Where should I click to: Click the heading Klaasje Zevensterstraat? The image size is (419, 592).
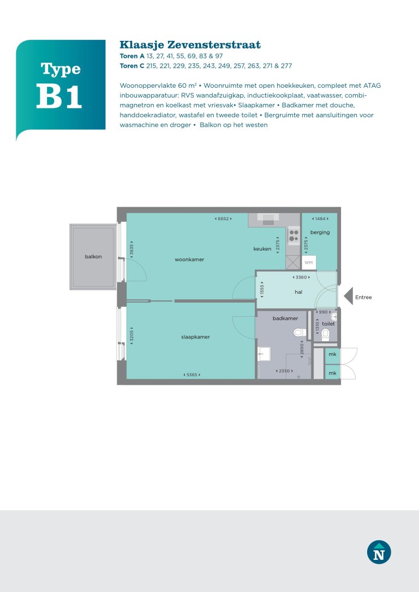[190, 45]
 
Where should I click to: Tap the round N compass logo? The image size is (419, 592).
[379, 552]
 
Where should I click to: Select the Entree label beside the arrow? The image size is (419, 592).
[363, 298]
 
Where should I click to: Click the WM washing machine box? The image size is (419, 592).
[309, 263]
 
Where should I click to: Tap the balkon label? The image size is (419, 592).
[93, 256]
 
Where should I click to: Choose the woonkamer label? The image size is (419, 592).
[189, 259]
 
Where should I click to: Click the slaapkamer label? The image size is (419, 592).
[195, 337]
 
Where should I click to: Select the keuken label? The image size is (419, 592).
[262, 249]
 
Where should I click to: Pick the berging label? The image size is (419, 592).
[320, 232]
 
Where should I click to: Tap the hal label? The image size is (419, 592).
[298, 292]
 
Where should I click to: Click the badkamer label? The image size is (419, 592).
[285, 318]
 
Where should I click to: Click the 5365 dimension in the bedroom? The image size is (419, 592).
[191, 374]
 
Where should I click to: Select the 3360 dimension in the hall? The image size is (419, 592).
[301, 277]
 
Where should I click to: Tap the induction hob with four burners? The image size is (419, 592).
[294, 235]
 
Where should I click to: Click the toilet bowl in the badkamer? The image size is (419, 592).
[298, 332]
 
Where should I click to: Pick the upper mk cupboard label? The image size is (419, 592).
[332, 354]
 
